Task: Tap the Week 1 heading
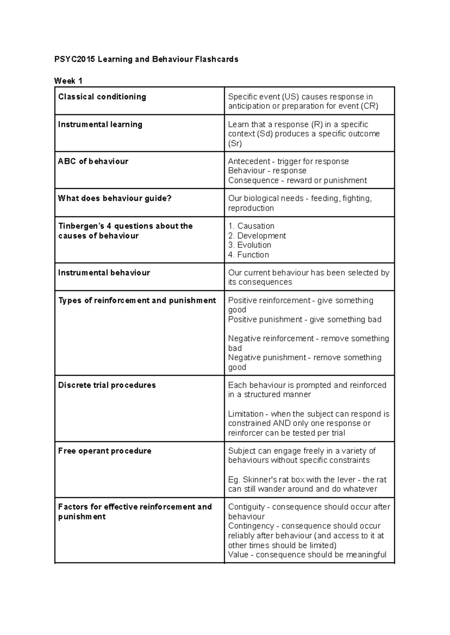[68, 81]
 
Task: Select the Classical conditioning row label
[102, 97]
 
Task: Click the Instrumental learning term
[100, 124]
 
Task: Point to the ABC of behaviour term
[93, 162]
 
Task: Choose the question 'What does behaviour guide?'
[114, 198]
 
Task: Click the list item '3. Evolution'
[250, 245]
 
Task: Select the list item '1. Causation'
[251, 226]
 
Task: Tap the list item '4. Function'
[249, 255]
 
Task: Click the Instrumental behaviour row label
[104, 273]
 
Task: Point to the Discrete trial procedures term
[107, 385]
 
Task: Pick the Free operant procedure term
[105, 451]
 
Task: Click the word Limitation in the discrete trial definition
[246, 414]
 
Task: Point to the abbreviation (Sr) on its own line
[235, 144]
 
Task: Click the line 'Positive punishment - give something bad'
[304, 320]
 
